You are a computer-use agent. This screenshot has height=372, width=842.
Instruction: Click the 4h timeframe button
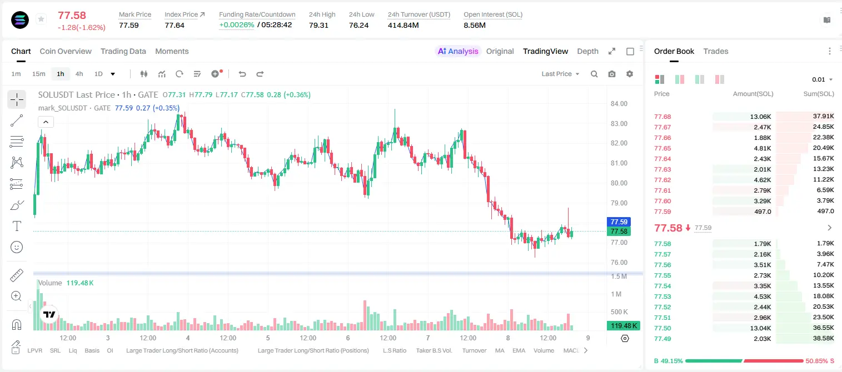(x=79, y=74)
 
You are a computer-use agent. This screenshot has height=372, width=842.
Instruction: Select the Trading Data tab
(x=123, y=51)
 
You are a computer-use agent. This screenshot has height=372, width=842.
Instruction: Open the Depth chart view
(x=587, y=51)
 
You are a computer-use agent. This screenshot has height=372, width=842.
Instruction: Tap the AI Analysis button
(x=458, y=51)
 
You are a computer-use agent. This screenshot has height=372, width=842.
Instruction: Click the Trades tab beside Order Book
(x=716, y=51)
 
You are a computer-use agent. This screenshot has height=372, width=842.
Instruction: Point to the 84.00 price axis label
(x=619, y=104)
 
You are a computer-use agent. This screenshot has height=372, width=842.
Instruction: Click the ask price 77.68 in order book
(x=662, y=117)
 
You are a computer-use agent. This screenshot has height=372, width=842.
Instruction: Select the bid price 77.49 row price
(x=662, y=339)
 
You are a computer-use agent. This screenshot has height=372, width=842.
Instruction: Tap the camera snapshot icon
(x=612, y=74)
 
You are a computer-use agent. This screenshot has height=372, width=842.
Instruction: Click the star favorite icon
(x=41, y=19)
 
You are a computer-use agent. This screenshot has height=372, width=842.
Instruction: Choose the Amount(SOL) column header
(x=753, y=94)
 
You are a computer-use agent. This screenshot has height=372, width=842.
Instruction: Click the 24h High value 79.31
(x=318, y=25)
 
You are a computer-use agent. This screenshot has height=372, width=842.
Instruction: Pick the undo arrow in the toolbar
(x=242, y=74)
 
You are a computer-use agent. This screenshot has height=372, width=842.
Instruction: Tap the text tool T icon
(x=17, y=226)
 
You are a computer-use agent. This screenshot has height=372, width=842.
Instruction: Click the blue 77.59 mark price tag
(x=619, y=222)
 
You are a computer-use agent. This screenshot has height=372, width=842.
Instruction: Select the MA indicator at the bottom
(x=500, y=350)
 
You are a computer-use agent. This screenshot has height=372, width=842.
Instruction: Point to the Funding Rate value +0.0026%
(x=236, y=25)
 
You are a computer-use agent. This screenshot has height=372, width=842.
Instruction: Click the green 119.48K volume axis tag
(x=623, y=326)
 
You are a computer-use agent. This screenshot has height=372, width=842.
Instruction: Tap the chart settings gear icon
(x=630, y=74)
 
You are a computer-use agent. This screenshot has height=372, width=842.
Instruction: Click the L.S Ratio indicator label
(x=395, y=350)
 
